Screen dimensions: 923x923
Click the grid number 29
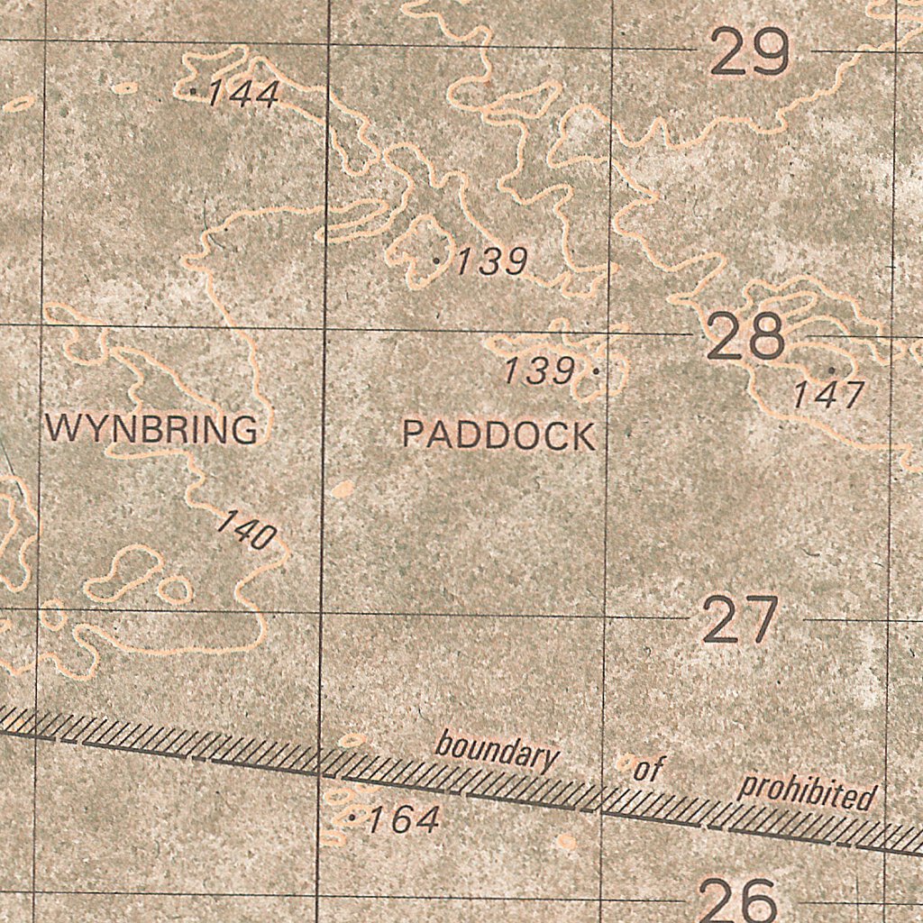click(750, 53)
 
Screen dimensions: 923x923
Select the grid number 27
click(740, 620)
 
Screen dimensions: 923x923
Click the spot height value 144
click(243, 94)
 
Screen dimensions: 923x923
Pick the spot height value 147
click(828, 395)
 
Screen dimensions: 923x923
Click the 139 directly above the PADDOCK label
click(538, 370)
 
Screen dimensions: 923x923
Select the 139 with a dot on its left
click(491, 262)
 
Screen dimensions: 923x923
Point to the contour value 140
click(246, 531)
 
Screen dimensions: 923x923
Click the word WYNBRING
click(151, 430)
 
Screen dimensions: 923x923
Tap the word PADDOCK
click(498, 435)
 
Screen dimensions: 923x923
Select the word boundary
click(497, 751)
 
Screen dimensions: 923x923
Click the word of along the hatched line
click(648, 770)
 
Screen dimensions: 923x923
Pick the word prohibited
click(807, 792)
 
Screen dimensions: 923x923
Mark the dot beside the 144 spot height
click(195, 91)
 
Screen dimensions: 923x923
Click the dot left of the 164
click(352, 818)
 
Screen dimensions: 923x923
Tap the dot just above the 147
click(831, 370)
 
